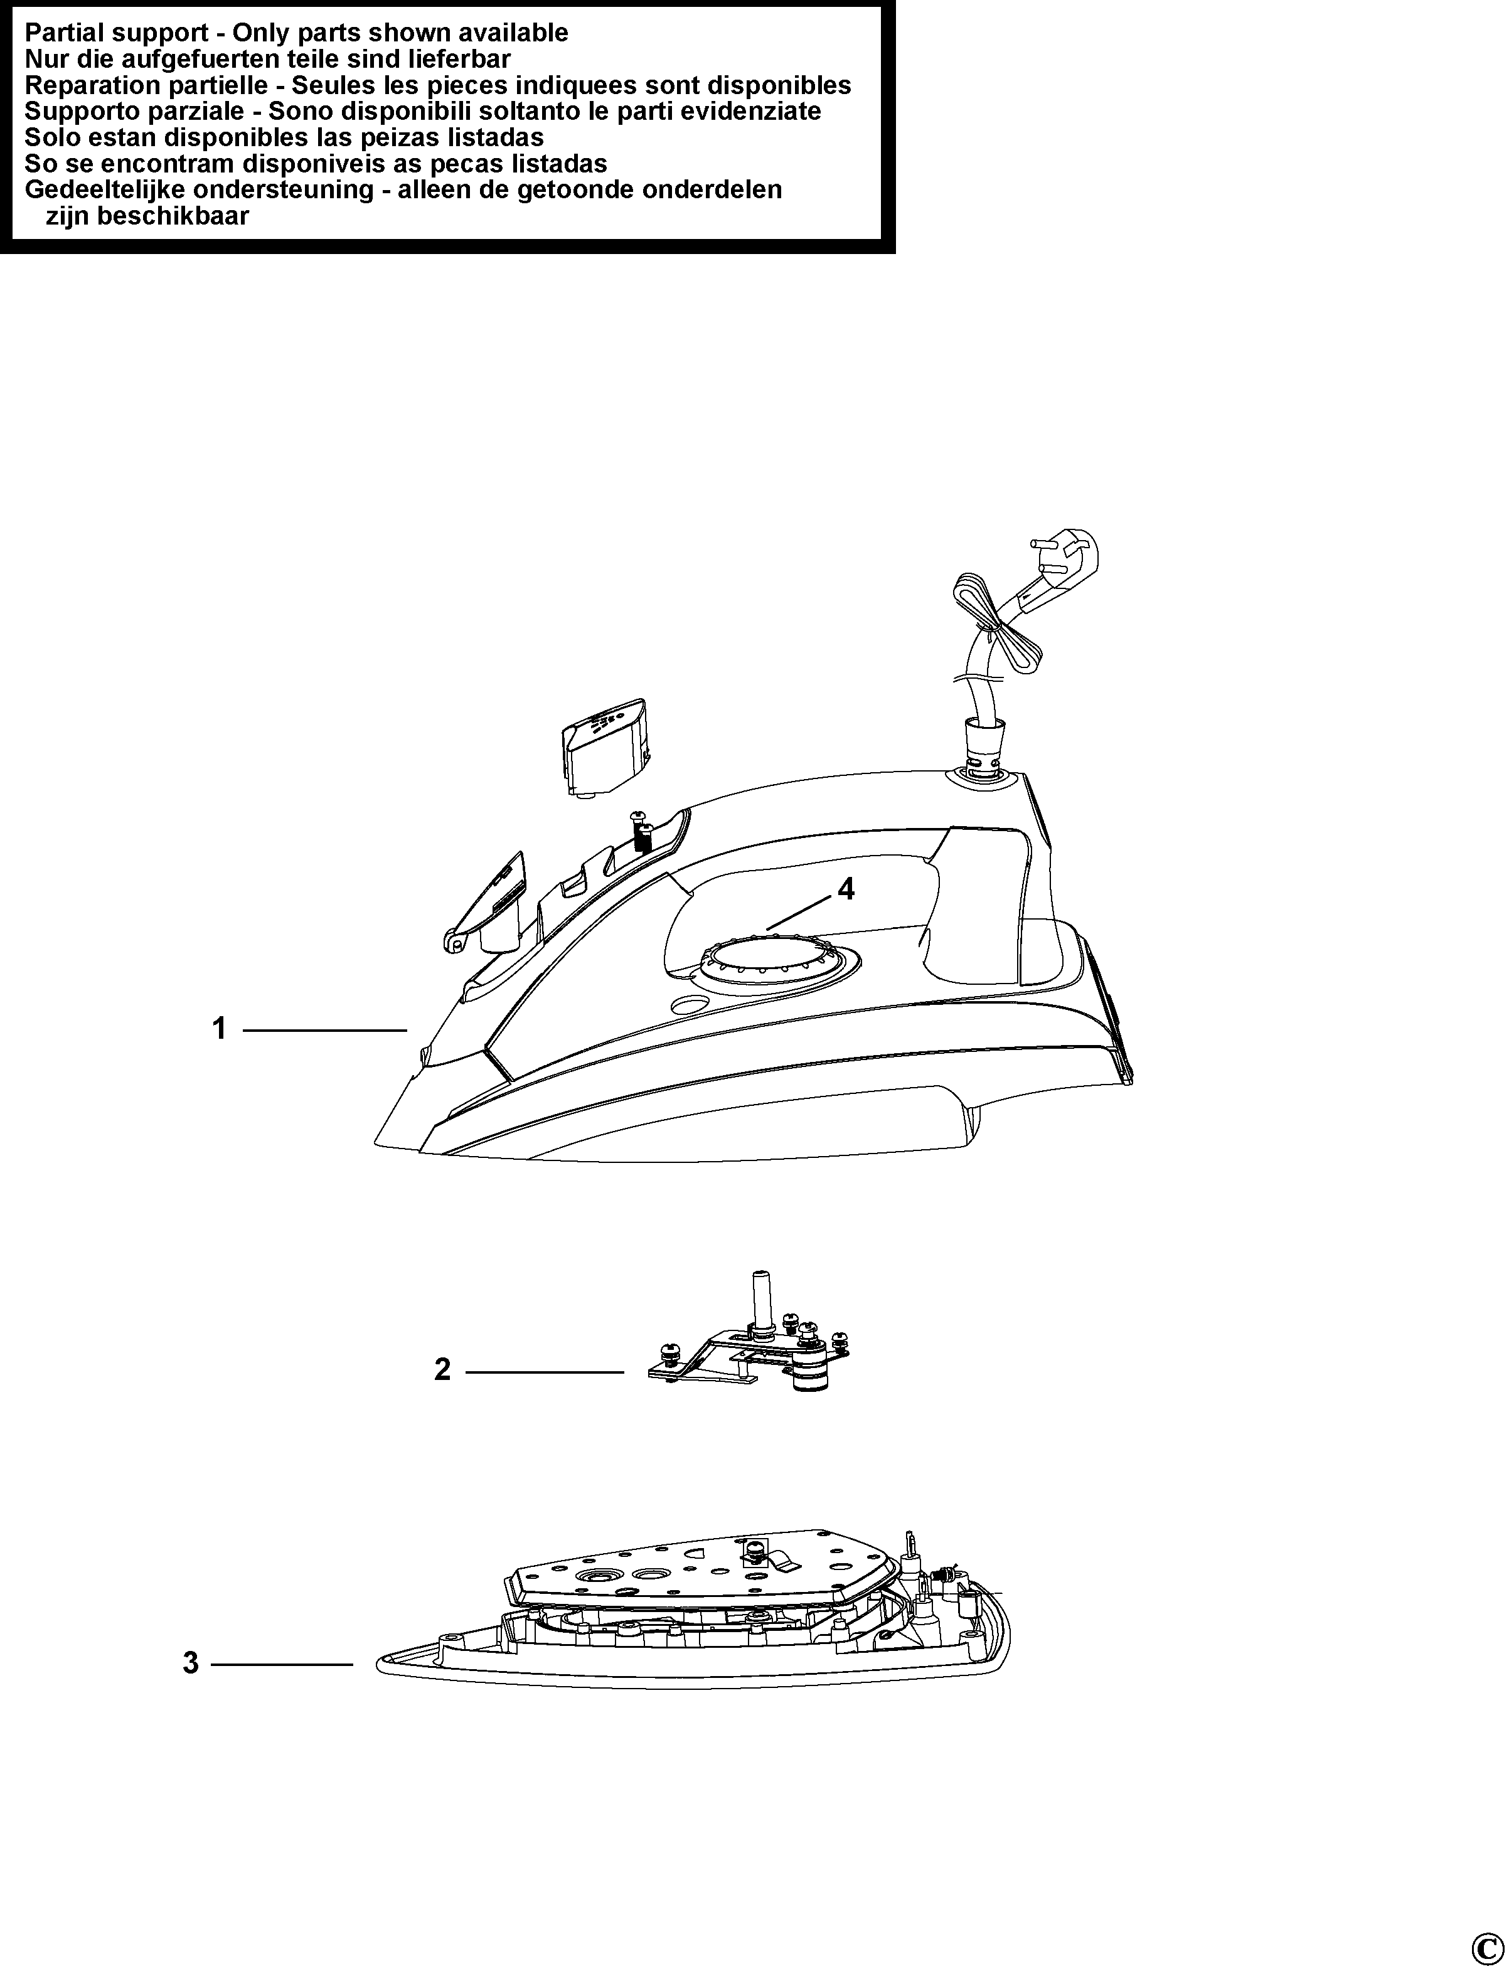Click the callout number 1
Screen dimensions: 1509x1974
pos(219,1028)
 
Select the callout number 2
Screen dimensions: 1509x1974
pos(442,1369)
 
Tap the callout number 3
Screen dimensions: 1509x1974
pos(190,1664)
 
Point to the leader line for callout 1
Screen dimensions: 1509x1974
pos(325,1029)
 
